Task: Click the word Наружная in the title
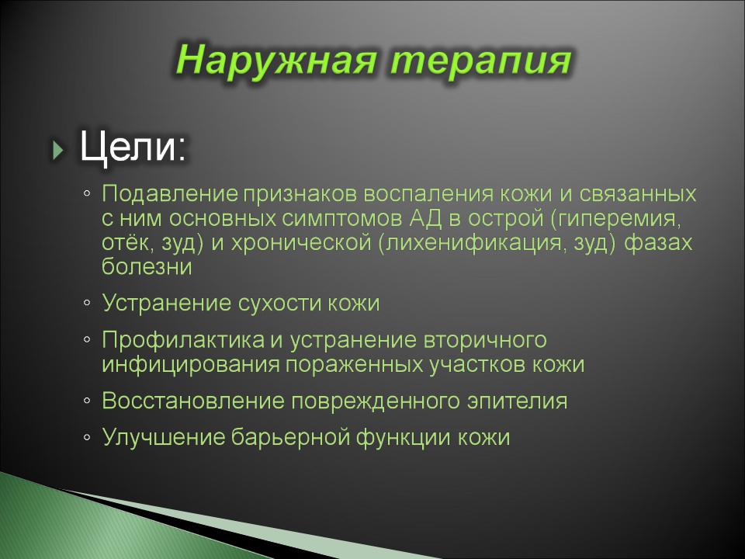pyautogui.click(x=277, y=61)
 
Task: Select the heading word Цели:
pyautogui.click(x=133, y=147)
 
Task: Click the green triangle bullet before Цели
pyautogui.click(x=58, y=150)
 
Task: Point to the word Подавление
pyautogui.click(x=170, y=194)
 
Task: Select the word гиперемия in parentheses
pyautogui.click(x=615, y=219)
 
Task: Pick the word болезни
pyautogui.click(x=147, y=266)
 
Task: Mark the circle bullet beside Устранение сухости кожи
pyautogui.click(x=86, y=303)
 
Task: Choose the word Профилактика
pyautogui.click(x=183, y=340)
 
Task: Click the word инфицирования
pyautogui.click(x=191, y=365)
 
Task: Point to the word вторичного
pyautogui.click(x=484, y=340)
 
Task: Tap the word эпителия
pyautogui.click(x=517, y=401)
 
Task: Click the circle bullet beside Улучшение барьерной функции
pyautogui.click(x=86, y=437)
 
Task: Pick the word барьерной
pyautogui.click(x=290, y=438)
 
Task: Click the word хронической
pyautogui.click(x=301, y=243)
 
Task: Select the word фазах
pyautogui.click(x=658, y=243)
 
